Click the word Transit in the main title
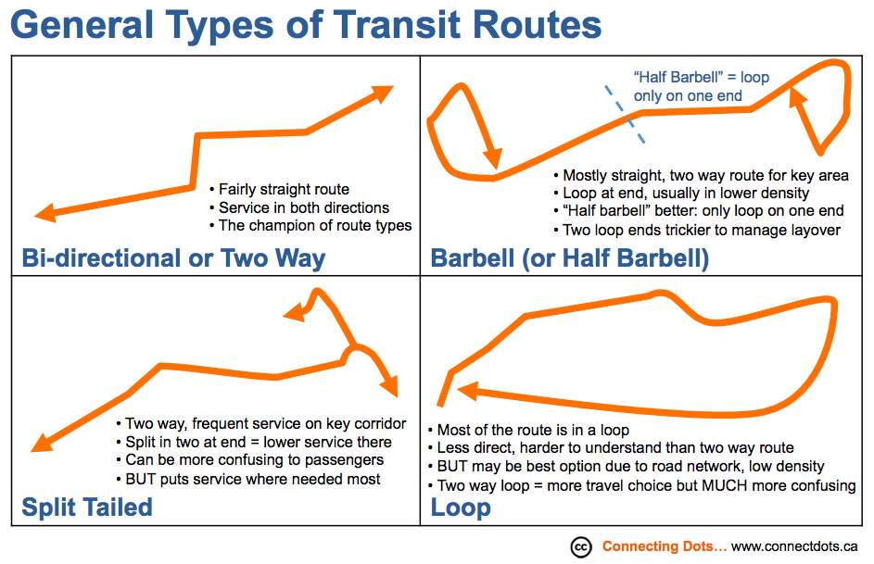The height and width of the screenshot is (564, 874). click(397, 25)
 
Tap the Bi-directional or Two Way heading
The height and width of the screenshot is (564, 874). click(173, 258)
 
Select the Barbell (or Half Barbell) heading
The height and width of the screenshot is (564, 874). click(570, 258)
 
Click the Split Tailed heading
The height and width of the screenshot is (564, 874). click(87, 508)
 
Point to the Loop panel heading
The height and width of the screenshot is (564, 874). click(461, 508)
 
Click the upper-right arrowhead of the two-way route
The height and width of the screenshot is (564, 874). click(383, 94)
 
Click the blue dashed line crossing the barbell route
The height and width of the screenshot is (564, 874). click(626, 115)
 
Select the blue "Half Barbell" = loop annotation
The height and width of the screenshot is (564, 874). click(702, 86)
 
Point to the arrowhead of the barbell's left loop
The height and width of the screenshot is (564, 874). click(492, 158)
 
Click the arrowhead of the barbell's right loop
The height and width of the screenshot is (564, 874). click(798, 98)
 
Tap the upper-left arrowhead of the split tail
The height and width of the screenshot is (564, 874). click(295, 313)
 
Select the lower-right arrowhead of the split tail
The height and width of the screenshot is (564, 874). click(390, 385)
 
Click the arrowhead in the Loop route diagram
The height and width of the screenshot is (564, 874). click(467, 391)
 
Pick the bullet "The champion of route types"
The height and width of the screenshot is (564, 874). click(311, 225)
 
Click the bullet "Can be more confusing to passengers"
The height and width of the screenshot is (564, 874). click(250, 460)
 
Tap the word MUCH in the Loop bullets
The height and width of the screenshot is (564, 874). click(725, 485)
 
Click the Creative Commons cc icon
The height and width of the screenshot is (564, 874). click(581, 547)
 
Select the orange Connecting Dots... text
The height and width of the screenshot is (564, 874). click(665, 546)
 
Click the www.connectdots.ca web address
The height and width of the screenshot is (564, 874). click(794, 546)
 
